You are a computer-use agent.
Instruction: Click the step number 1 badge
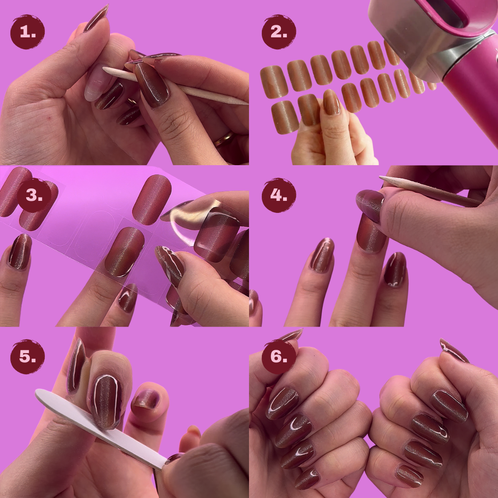coord(27,32)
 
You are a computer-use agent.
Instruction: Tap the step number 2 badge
coord(279,32)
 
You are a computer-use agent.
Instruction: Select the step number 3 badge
coord(34,195)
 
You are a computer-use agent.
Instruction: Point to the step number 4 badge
coord(279,195)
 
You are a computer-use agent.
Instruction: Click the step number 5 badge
coord(27,356)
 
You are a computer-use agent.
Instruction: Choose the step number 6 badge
coord(279,356)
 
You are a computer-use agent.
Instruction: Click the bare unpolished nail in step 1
coord(96,83)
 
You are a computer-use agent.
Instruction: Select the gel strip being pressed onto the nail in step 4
coord(371,234)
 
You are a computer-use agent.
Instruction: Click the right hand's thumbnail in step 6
coord(454,349)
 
